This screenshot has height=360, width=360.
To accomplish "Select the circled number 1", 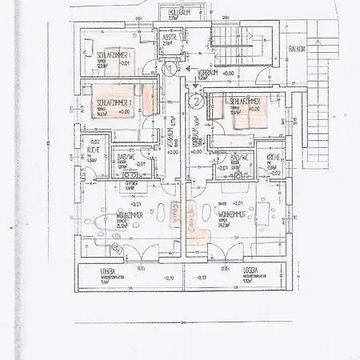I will pyautogui.click(x=170, y=70).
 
